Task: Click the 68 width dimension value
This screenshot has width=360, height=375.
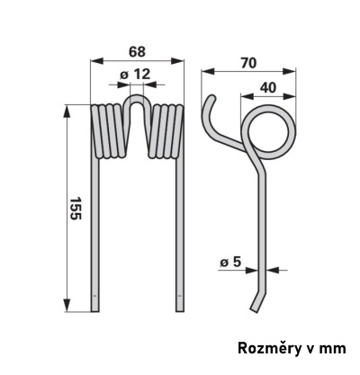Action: (x=137, y=52)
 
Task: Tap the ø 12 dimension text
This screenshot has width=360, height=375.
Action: (x=135, y=75)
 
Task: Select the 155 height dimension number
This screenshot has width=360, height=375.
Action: (x=75, y=209)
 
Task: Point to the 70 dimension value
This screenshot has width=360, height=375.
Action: (x=248, y=63)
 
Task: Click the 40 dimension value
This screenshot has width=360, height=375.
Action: (x=268, y=88)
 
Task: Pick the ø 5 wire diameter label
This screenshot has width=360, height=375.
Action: (x=230, y=262)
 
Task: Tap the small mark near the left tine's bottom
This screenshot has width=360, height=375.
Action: (x=94, y=296)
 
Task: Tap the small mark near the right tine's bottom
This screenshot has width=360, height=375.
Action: (x=179, y=296)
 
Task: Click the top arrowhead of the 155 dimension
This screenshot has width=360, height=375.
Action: (x=67, y=111)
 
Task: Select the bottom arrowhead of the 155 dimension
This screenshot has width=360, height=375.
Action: (x=67, y=306)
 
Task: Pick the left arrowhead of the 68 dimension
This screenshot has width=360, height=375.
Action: (x=96, y=61)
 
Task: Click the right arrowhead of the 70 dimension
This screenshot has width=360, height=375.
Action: (x=290, y=72)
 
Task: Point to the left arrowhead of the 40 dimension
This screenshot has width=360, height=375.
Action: (x=247, y=96)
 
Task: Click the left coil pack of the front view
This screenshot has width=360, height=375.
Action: (x=108, y=131)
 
